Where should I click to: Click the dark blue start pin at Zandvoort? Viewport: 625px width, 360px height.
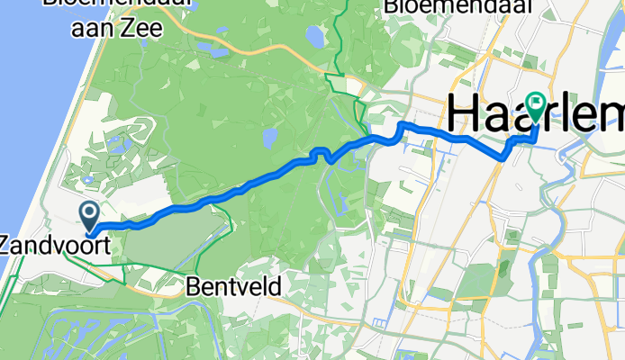tap(91, 215)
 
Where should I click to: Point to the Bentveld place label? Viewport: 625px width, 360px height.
tap(235, 287)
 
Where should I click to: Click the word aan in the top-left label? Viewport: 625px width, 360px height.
tap(94, 29)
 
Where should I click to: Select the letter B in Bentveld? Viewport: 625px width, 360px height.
tap(195, 287)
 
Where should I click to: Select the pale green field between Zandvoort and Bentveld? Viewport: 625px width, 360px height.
tap(171, 238)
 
